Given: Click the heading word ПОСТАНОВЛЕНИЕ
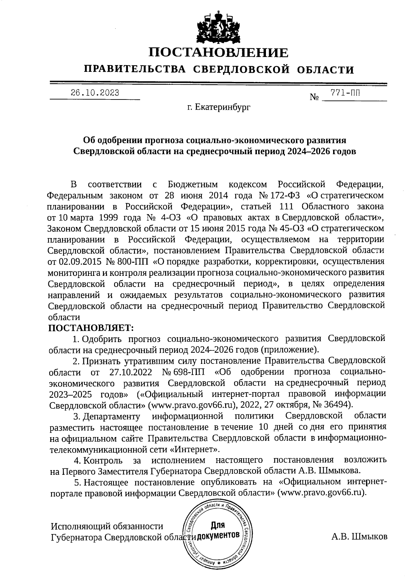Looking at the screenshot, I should point(219,53).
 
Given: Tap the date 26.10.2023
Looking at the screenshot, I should point(95,93).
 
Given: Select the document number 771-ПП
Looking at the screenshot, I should point(345,93).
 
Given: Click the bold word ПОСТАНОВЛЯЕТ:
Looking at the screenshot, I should point(91,328).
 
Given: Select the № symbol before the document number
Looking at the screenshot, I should point(314,97).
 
